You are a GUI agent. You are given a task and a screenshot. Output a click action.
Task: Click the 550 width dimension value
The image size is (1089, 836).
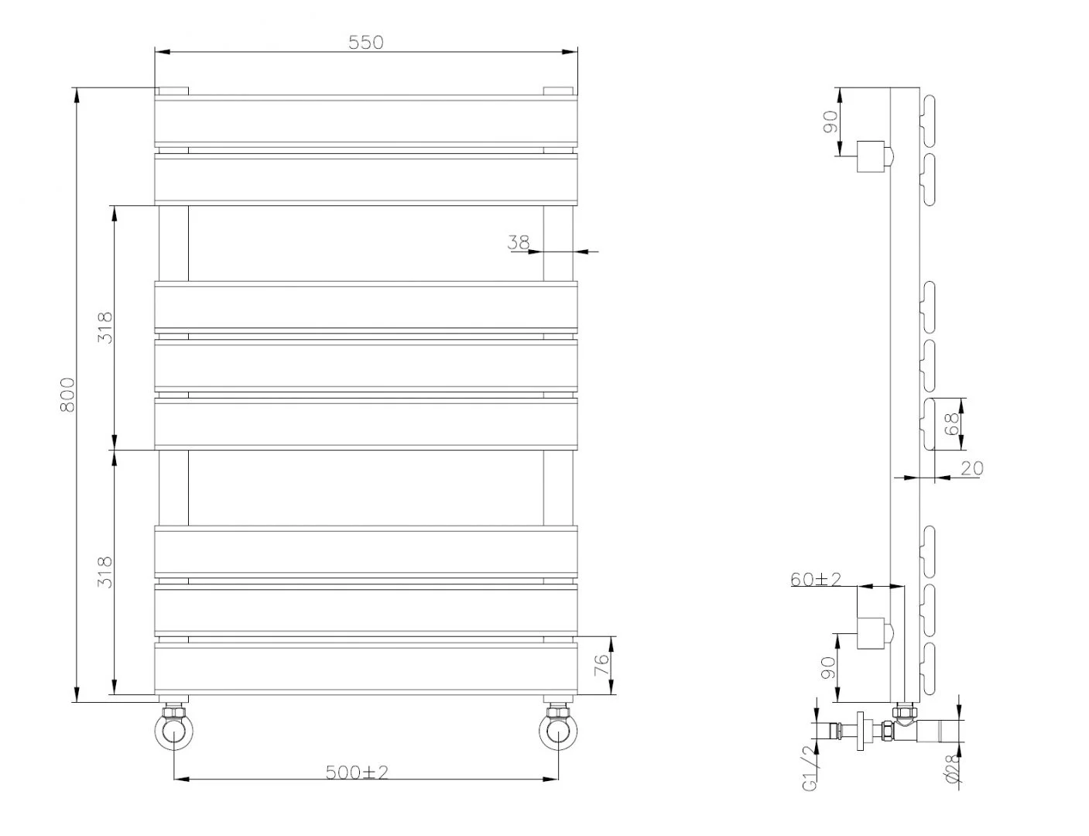[x=365, y=42]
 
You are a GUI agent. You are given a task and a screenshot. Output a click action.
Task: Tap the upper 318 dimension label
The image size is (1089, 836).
[x=105, y=327]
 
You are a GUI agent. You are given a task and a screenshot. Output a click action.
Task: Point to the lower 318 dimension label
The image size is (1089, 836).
[x=105, y=572]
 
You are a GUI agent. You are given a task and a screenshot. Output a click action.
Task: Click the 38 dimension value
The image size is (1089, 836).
[x=519, y=242]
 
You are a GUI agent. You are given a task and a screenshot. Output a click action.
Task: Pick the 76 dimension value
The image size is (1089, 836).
[x=601, y=666]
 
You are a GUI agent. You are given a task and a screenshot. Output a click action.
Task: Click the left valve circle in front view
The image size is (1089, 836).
[x=174, y=729]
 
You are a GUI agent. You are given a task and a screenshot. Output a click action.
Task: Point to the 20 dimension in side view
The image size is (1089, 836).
[x=971, y=468]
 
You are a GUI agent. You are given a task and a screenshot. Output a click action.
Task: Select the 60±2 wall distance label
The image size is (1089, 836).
[x=816, y=579]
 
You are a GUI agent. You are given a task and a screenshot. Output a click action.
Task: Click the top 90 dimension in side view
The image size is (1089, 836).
[x=830, y=122]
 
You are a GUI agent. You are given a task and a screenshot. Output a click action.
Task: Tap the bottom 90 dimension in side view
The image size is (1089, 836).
[x=829, y=668]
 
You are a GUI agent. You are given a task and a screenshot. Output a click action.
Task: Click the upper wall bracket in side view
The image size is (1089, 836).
[x=874, y=157]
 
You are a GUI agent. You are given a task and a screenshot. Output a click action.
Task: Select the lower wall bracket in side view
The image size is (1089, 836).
[x=874, y=632]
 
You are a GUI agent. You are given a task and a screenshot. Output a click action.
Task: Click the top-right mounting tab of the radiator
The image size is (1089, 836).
[x=559, y=91]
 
